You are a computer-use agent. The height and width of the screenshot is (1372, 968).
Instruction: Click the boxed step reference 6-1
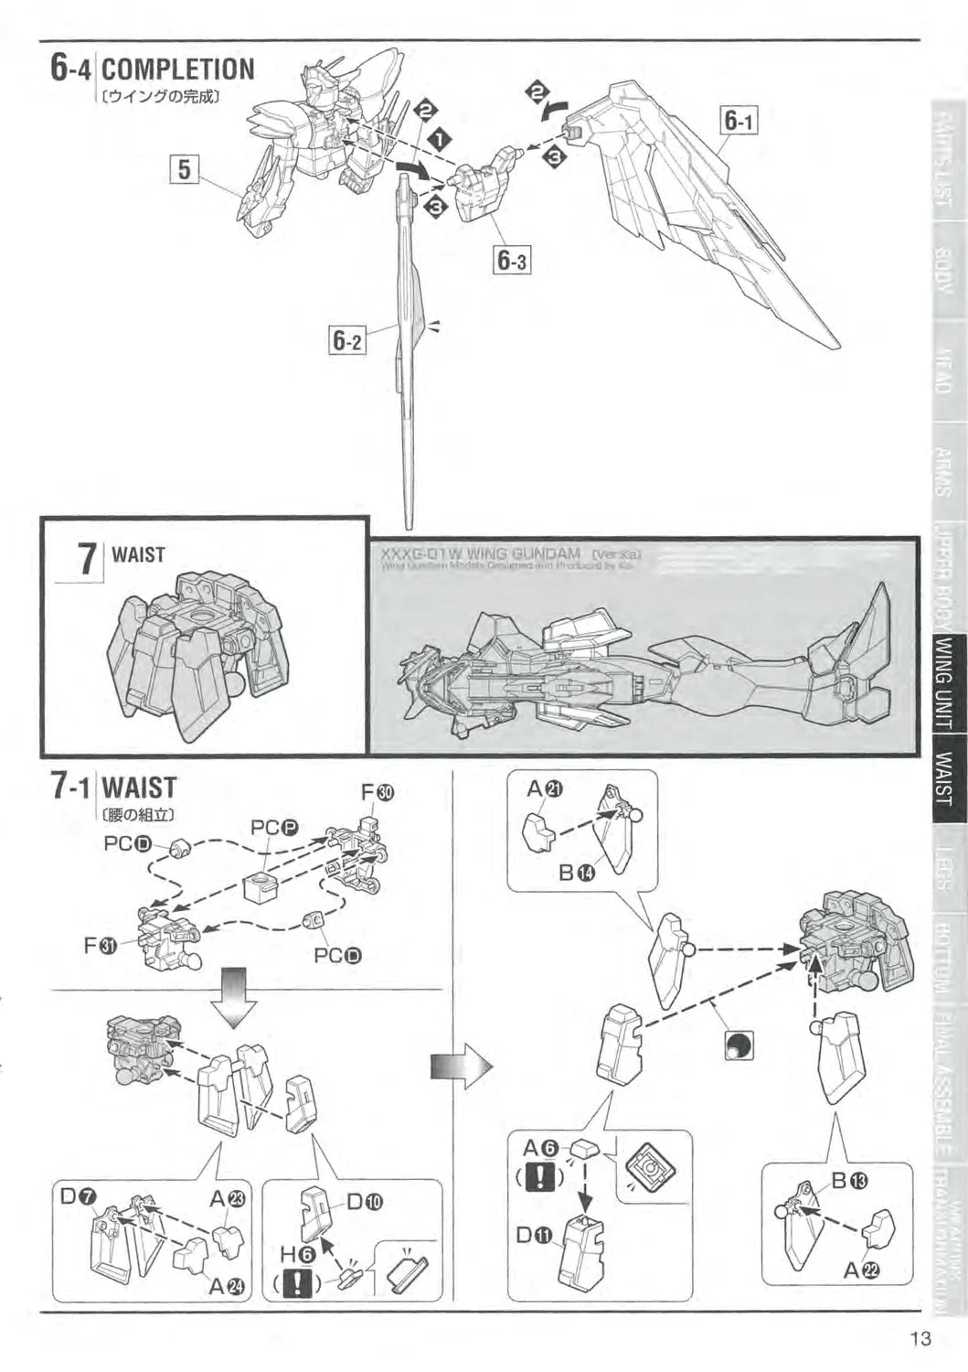pyautogui.click(x=739, y=120)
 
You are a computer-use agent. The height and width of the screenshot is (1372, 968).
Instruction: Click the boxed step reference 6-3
pyautogui.click(x=512, y=261)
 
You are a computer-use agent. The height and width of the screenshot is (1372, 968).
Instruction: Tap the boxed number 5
pyautogui.click(x=185, y=169)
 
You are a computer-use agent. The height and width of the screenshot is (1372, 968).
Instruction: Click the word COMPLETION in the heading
pyautogui.click(x=178, y=70)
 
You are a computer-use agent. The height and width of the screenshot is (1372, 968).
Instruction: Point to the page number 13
pyautogui.click(x=920, y=1340)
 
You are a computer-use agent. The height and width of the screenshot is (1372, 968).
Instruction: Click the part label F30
pyautogui.click(x=378, y=792)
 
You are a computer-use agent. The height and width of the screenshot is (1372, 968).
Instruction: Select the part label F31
pyautogui.click(x=101, y=946)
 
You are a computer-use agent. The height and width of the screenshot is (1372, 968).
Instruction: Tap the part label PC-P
pyautogui.click(x=275, y=828)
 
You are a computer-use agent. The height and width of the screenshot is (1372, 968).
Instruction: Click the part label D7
pyautogui.click(x=74, y=1195)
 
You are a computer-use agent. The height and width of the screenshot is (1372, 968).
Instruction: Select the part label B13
pyautogui.click(x=848, y=1180)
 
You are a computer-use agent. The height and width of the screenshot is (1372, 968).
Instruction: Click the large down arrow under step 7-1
pyautogui.click(x=232, y=989)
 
